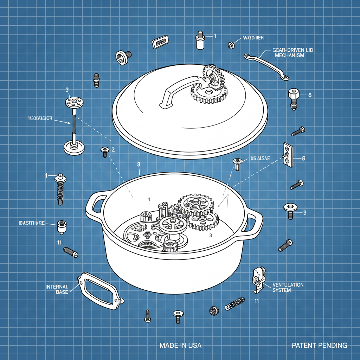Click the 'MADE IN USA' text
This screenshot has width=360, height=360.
(180, 345)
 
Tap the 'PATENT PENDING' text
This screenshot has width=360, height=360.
(319, 345)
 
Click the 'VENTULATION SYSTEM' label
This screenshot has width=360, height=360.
(288, 287)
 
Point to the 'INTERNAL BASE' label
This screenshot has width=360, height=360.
(59, 289)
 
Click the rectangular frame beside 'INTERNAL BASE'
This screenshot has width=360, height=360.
(99, 290)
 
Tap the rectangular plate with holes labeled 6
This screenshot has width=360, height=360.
(288, 155)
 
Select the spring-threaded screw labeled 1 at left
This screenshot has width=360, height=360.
(60, 189)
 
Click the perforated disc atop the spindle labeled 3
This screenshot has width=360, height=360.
(74, 103)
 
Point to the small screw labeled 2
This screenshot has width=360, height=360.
(105, 152)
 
